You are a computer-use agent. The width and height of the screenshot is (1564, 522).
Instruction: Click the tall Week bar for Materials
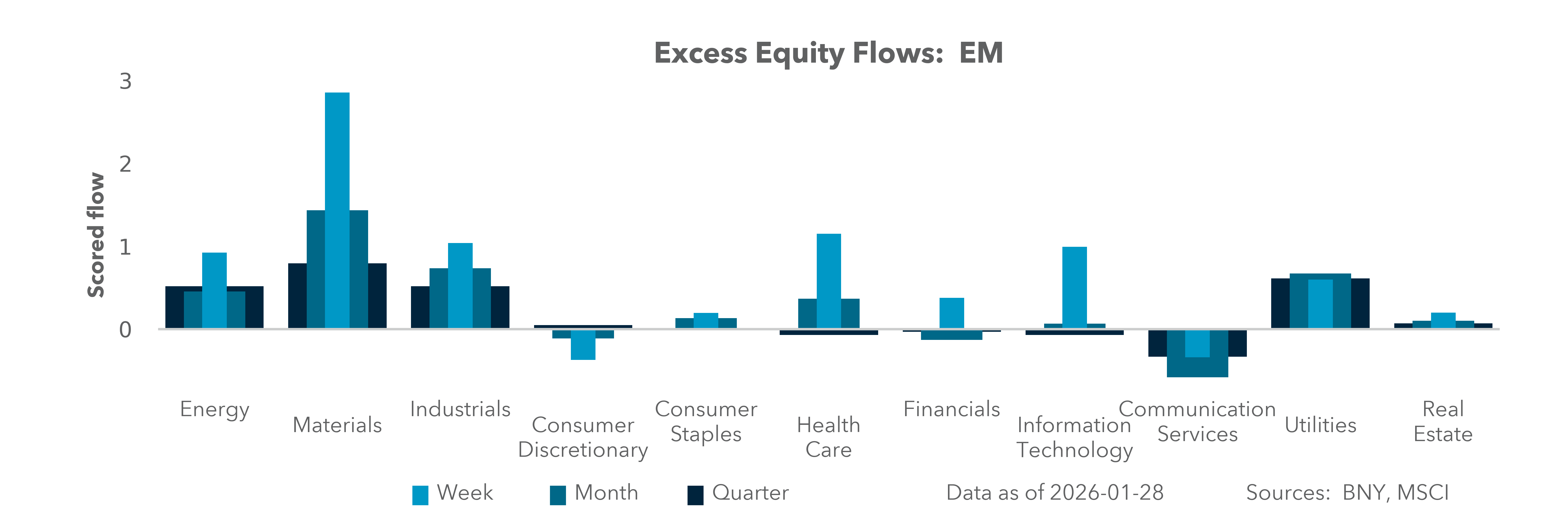click(x=337, y=210)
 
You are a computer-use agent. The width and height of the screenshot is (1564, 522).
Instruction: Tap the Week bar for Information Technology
click(x=1074, y=287)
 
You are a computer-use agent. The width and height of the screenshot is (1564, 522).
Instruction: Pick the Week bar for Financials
click(x=951, y=313)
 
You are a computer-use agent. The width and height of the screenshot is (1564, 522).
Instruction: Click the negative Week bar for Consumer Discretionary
click(x=583, y=345)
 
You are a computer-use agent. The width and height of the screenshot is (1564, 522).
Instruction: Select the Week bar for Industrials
click(x=460, y=286)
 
